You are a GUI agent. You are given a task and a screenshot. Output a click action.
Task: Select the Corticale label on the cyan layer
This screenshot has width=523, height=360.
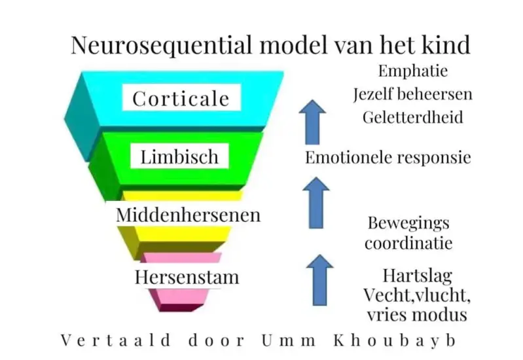[x=181, y=99]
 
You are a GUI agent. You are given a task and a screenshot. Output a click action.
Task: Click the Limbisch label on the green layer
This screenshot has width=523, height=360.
[x=175, y=157]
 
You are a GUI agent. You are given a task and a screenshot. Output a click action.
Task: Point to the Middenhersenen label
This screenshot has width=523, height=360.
[x=188, y=215]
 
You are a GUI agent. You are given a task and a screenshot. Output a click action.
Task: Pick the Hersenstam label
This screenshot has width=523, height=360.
[x=187, y=277]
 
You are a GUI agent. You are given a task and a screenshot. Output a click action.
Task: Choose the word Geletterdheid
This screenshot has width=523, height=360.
[x=412, y=117]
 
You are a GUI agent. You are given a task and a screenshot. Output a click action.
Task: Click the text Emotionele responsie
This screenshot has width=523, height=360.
[x=388, y=158]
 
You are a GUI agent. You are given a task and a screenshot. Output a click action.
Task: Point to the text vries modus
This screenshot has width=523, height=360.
[x=416, y=315]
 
